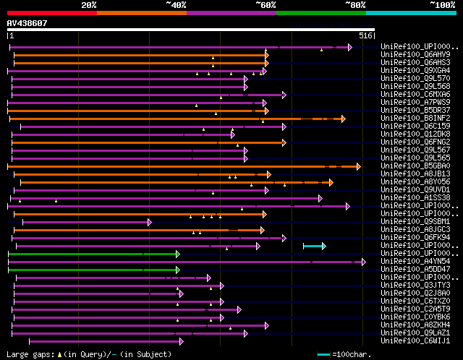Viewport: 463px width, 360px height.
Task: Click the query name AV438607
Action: [x=27, y=23]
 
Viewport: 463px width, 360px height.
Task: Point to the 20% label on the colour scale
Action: [x=89, y=5]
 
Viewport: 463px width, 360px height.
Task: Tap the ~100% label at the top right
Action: [x=441, y=5]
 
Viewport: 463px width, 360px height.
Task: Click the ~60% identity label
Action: [x=266, y=5]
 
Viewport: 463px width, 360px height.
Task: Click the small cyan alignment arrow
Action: [x=315, y=247]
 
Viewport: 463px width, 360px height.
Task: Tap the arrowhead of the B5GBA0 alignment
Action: [x=357, y=166]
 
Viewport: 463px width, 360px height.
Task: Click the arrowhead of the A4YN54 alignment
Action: [x=363, y=262]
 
